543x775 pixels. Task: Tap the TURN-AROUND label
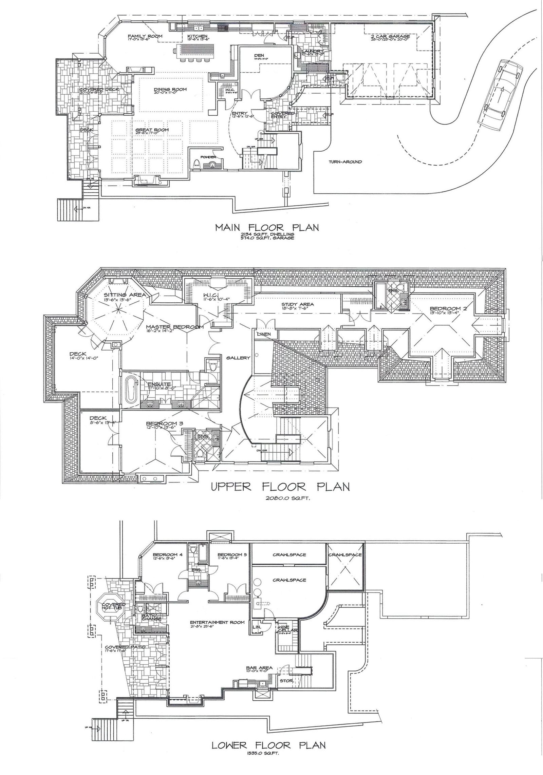pos(345,162)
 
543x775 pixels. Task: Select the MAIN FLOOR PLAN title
pos(267,227)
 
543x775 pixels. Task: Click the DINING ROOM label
pos(173,90)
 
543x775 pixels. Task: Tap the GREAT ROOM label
pos(152,130)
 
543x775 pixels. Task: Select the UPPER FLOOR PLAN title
pos(280,487)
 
